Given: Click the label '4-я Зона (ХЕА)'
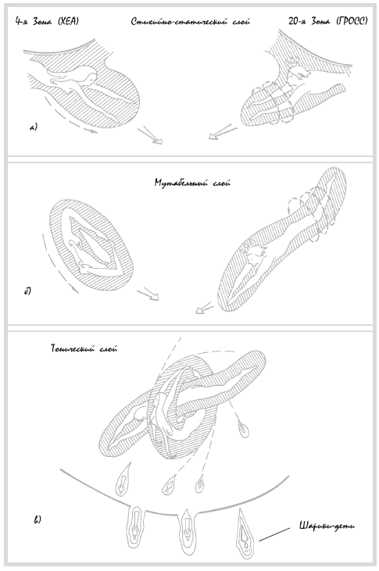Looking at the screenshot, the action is pyautogui.click(x=47, y=22).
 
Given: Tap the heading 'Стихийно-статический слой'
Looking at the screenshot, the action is pyautogui.click(x=191, y=22).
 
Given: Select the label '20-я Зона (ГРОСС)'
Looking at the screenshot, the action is pyautogui.click(x=328, y=22).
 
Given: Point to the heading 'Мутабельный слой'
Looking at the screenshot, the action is pyautogui.click(x=192, y=183).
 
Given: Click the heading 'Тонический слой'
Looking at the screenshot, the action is pyautogui.click(x=84, y=348).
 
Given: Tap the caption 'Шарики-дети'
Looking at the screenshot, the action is pyautogui.click(x=327, y=526).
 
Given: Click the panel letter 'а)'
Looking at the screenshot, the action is pyautogui.click(x=34, y=127).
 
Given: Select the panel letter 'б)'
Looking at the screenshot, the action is pyautogui.click(x=27, y=291).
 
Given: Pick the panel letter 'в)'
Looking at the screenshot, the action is pyautogui.click(x=38, y=519).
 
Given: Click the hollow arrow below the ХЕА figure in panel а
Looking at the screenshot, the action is pyautogui.click(x=150, y=135).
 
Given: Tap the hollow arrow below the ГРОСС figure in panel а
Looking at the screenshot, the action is pyautogui.click(x=222, y=132).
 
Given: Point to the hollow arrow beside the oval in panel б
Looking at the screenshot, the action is pyautogui.click(x=148, y=294).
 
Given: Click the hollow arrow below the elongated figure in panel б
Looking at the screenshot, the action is pyautogui.click(x=204, y=308).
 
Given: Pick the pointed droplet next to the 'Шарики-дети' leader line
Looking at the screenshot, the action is pyautogui.click(x=245, y=533).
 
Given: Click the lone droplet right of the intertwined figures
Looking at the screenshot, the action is pyautogui.click(x=244, y=427).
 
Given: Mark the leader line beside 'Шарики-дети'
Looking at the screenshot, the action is pyautogui.click(x=274, y=534).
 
